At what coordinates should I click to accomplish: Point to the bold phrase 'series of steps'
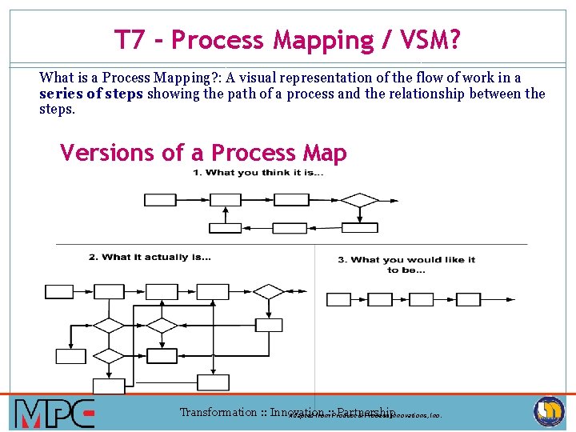click(x=91, y=94)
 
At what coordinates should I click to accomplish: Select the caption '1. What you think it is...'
click(x=258, y=173)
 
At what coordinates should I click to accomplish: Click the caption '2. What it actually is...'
click(x=150, y=257)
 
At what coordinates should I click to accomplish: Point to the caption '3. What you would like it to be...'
click(x=406, y=264)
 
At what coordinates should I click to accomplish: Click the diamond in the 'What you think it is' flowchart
click(x=361, y=199)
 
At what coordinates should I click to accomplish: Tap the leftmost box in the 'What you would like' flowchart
click(x=338, y=299)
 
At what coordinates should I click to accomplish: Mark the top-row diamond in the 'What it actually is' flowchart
click(x=269, y=291)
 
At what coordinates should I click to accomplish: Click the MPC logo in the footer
click(x=54, y=414)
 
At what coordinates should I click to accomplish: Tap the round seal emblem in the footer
click(x=549, y=412)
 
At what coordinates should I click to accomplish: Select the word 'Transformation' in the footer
click(x=218, y=413)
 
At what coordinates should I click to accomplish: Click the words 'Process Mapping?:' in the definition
click(x=167, y=78)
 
